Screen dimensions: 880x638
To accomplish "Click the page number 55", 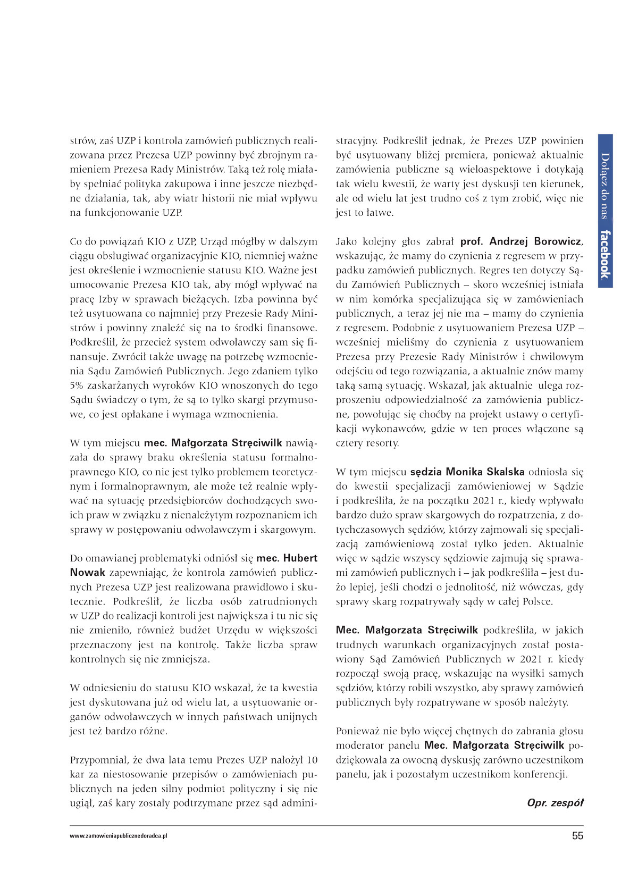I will (577, 835).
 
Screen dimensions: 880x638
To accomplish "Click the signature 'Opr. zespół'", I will (555, 802).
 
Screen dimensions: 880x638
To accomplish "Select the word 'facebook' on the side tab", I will (605, 254).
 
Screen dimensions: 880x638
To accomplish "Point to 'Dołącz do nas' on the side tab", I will (605, 186).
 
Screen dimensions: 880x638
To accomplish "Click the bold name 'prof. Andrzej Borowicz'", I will (521, 241).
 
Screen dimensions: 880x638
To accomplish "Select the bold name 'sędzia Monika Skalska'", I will (467, 472).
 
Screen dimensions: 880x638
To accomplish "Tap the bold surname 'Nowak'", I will (88, 573).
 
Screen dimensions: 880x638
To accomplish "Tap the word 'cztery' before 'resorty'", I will (349, 443).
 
